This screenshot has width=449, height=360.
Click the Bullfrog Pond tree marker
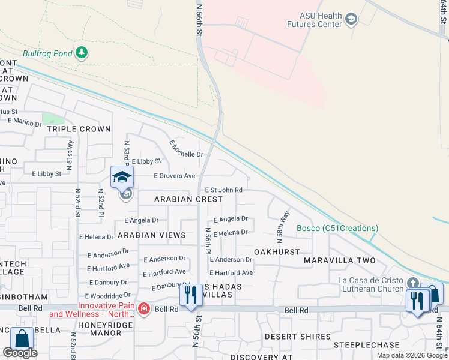click(x=82, y=53)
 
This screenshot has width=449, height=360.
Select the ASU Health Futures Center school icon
click(x=352, y=20)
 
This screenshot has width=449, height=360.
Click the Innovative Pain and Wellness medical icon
click(x=143, y=309)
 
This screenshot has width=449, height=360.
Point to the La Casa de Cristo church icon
click(x=412, y=283)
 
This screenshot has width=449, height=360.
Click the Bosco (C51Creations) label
click(x=337, y=228)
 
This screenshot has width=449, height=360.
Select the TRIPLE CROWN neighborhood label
click(x=79, y=129)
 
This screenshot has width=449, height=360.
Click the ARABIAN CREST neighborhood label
click(x=188, y=199)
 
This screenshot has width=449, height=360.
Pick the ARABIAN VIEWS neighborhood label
click(x=151, y=235)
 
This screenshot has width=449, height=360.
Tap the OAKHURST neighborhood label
click(x=276, y=252)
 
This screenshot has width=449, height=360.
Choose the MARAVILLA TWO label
click(x=340, y=260)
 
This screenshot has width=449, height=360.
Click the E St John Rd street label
click(x=223, y=190)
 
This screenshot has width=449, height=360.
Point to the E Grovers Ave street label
click(x=175, y=176)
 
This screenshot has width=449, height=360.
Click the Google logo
click(x=20, y=353)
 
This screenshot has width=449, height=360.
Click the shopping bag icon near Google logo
click(x=22, y=338)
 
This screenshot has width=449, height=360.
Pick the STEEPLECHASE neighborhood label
click(x=366, y=345)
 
